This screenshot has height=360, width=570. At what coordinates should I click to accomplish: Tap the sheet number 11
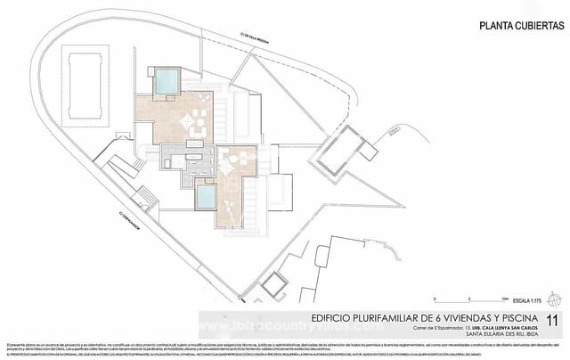pos(553,318)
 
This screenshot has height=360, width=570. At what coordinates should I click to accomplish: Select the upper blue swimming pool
pos(167,82)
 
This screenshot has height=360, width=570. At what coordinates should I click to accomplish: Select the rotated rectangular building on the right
pos(341,151)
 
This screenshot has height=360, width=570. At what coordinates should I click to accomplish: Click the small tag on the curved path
pos(390,134)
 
